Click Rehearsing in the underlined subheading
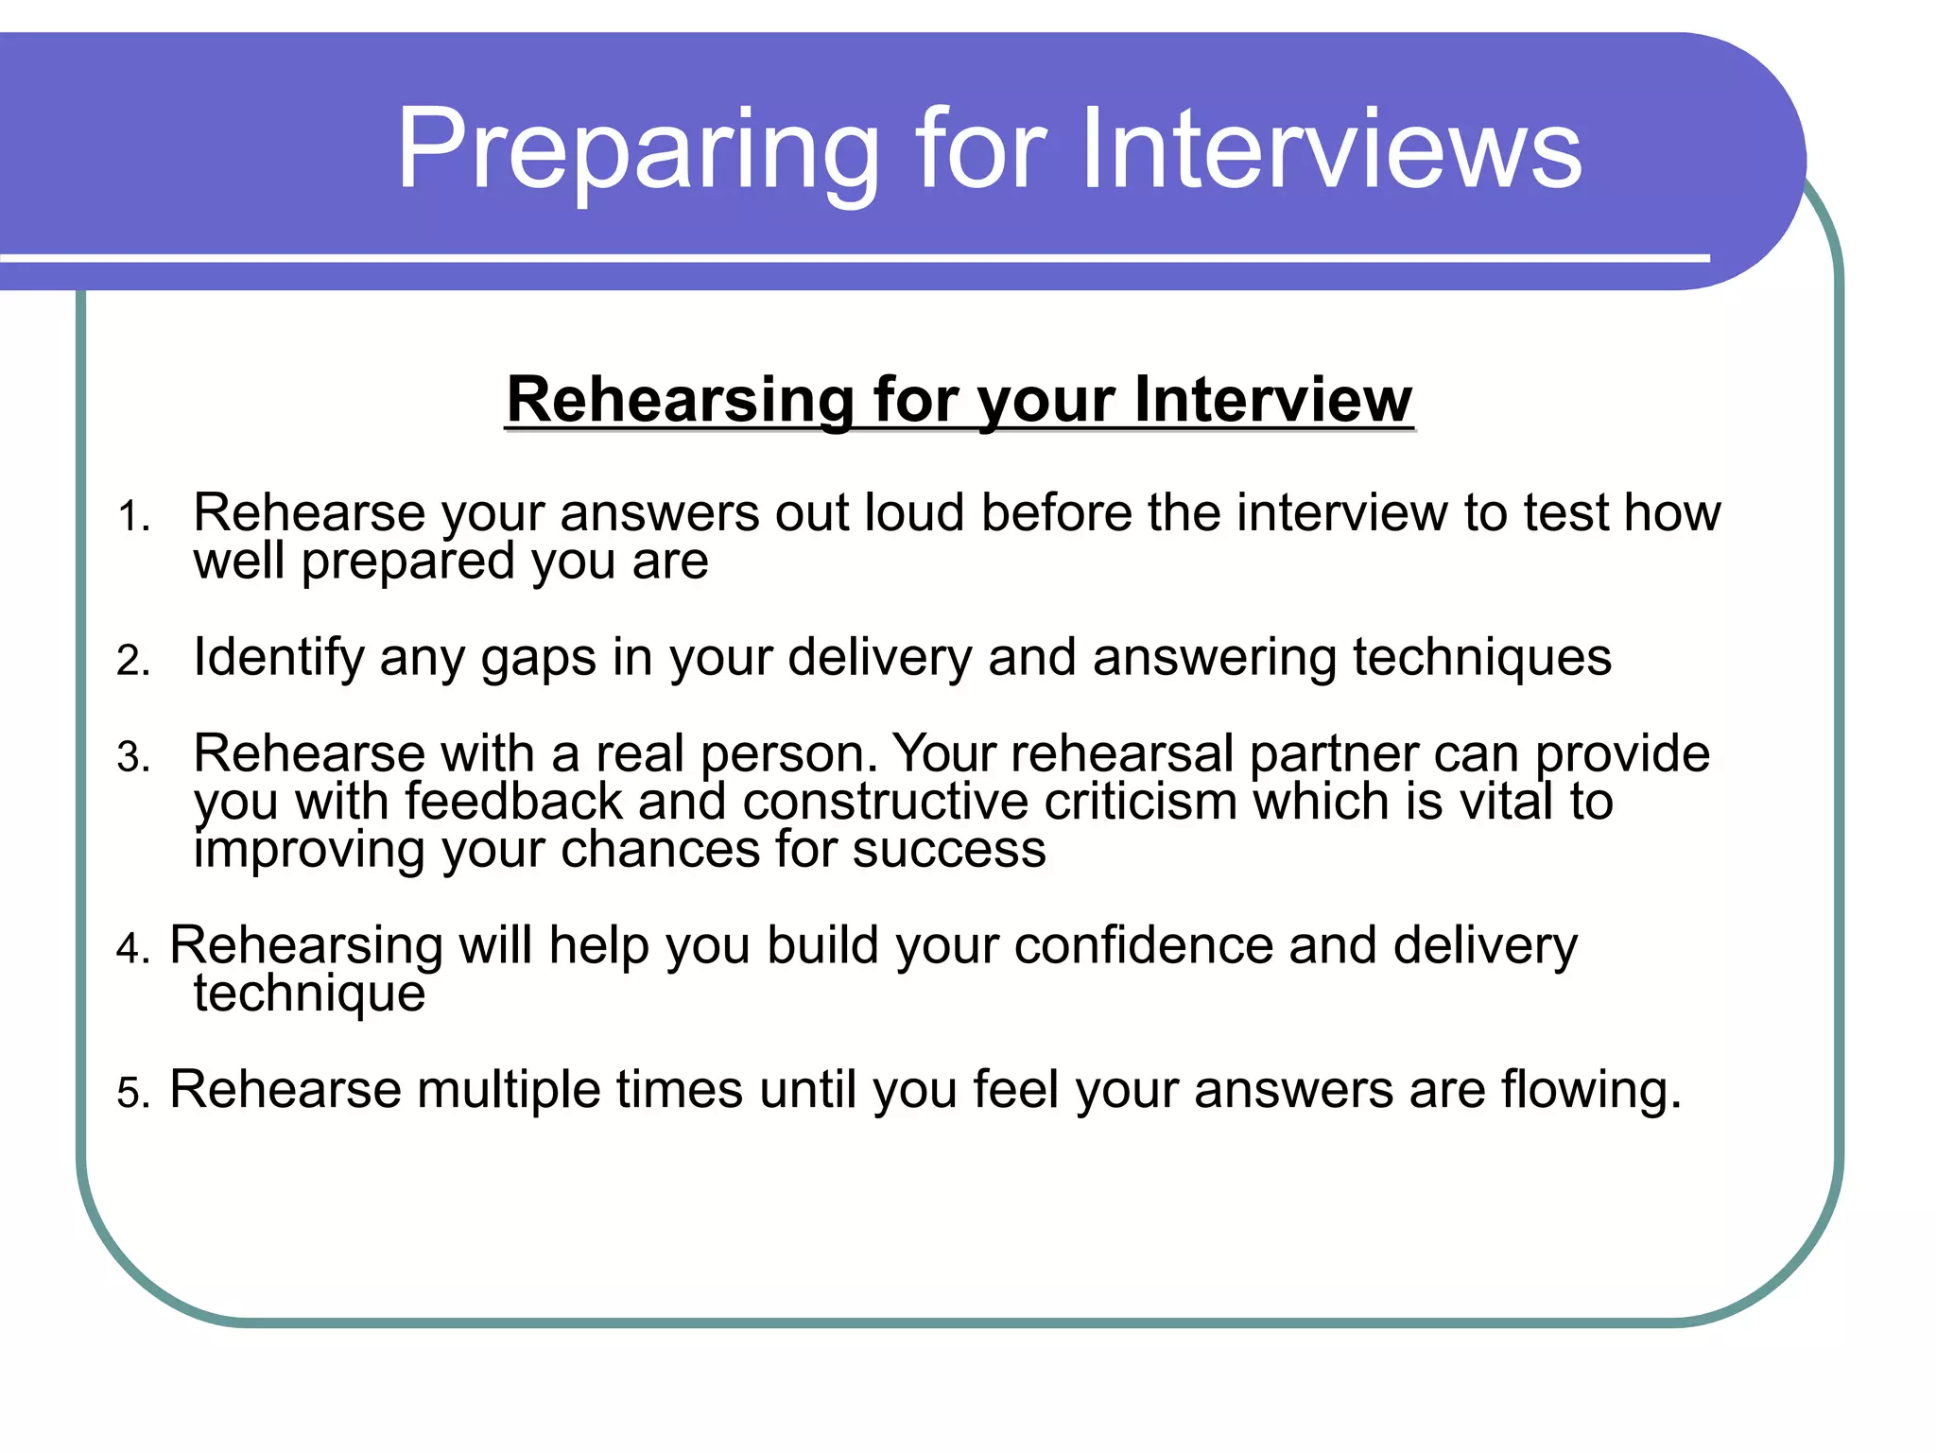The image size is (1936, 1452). point(680,400)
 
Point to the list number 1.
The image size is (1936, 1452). point(133,518)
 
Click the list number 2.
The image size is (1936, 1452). point(133,661)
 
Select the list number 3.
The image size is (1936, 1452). point(133,758)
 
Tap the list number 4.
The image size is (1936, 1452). point(133,949)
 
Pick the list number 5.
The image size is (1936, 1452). point(133,1094)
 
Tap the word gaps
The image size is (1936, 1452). point(538,658)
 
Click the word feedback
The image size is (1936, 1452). point(513,802)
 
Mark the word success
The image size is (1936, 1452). point(949,850)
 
